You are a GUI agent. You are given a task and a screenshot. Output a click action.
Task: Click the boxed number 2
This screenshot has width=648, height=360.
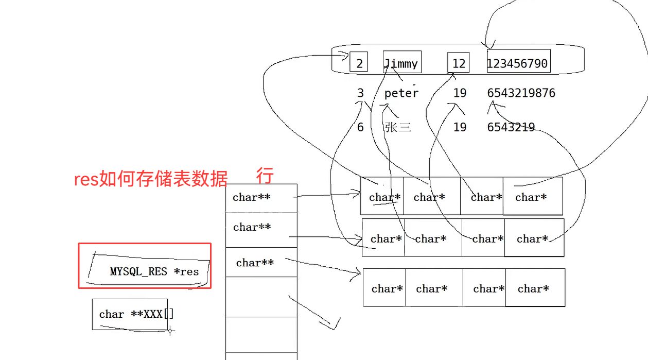click(359, 63)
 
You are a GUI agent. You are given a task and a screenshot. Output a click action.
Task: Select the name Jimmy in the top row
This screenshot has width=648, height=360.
click(401, 63)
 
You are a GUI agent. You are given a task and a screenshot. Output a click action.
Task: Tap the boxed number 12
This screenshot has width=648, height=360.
click(459, 63)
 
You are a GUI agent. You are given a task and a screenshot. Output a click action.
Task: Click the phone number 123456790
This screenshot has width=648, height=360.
click(518, 63)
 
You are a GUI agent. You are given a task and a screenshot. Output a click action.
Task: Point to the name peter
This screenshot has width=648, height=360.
click(401, 93)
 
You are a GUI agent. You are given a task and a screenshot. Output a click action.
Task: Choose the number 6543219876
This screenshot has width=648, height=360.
click(521, 93)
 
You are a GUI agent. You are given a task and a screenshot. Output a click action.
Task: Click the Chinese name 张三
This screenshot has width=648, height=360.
click(398, 127)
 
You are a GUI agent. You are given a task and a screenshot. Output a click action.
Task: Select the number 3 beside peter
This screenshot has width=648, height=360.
click(360, 93)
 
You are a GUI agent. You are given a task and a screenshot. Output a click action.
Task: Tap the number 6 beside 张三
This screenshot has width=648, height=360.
click(360, 127)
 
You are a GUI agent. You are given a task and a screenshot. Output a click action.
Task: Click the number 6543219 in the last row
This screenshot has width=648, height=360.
click(511, 127)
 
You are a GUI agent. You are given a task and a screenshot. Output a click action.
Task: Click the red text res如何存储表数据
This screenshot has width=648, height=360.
click(151, 179)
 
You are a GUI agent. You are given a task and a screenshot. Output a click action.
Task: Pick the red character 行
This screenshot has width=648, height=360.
click(265, 176)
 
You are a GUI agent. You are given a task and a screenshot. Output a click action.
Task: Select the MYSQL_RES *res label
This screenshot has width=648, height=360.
click(154, 271)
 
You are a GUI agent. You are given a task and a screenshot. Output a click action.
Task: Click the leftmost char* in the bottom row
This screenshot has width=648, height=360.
click(386, 289)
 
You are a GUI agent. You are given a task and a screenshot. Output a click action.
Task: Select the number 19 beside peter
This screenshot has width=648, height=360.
click(460, 93)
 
